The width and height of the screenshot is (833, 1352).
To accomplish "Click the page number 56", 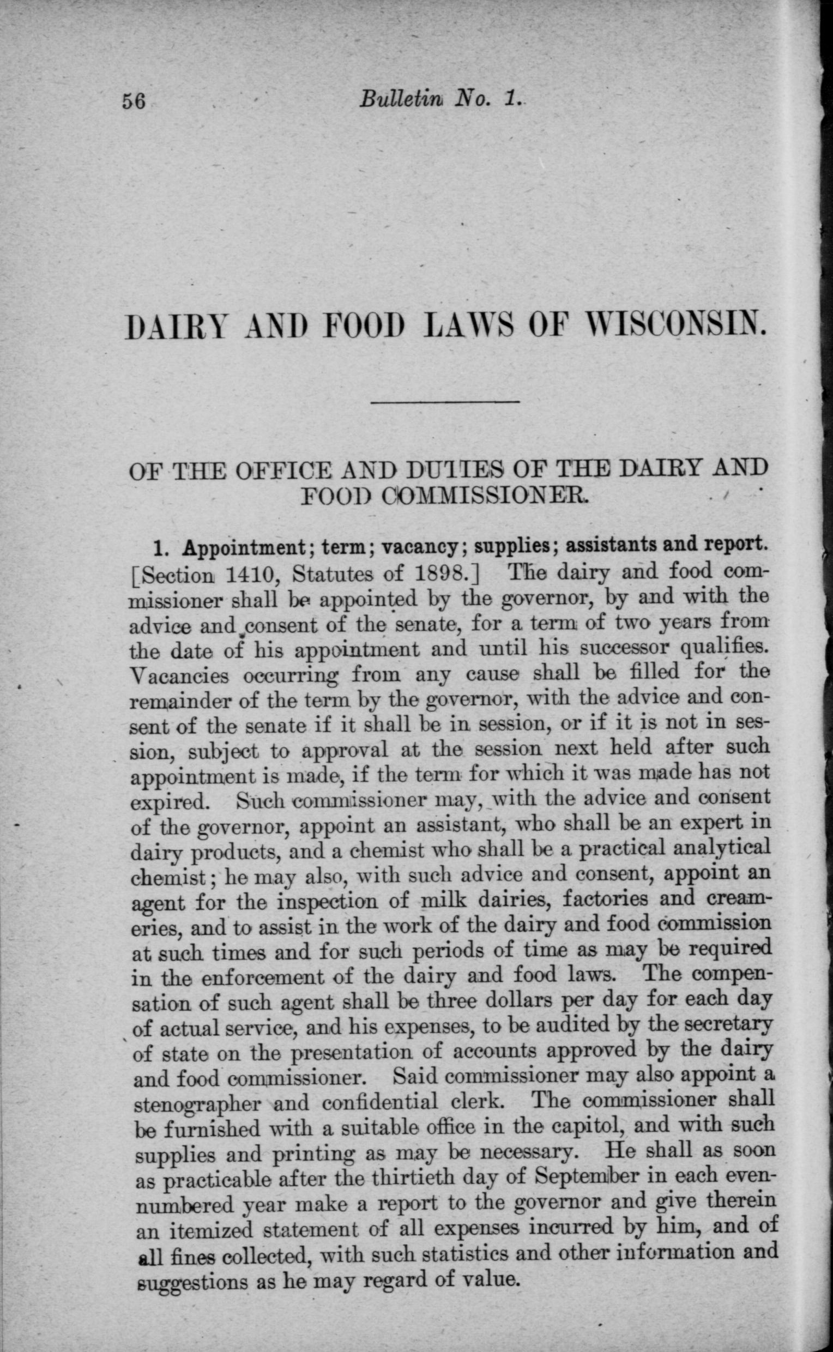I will pyautogui.click(x=134, y=102).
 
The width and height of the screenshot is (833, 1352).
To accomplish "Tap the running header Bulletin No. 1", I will pyautogui.click(x=438, y=99).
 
